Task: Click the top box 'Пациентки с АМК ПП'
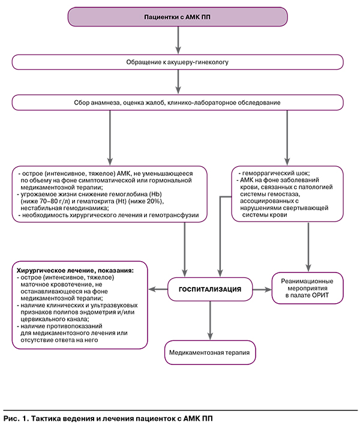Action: coord(179,16)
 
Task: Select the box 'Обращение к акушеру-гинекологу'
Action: coord(179,62)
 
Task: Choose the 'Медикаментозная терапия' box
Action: coord(210,352)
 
